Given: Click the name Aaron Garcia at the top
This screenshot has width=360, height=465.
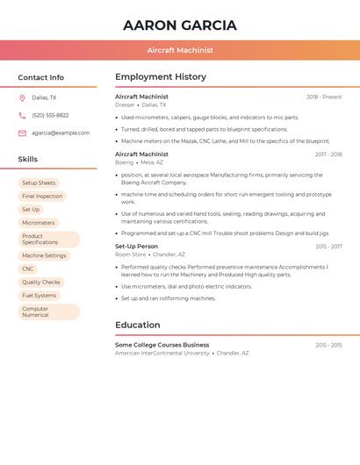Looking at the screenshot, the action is coord(180,25).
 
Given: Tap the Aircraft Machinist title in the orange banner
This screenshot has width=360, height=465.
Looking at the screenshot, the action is coord(180,50).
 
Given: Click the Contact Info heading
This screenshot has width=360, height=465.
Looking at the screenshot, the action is coord(41,77).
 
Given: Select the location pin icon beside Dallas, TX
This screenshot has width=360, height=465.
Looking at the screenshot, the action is coord(22,98).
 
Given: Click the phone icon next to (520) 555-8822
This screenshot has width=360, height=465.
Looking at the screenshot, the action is coord(22,116).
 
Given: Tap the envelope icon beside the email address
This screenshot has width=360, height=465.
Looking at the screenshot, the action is coord(22,133).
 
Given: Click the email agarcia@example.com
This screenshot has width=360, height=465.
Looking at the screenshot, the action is coord(61,133).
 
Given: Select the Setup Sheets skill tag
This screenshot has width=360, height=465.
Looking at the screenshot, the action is coord(39,183).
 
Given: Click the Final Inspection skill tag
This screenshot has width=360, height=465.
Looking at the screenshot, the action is coord(42,197).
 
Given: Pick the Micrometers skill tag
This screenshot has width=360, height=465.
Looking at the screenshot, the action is coord(39,223).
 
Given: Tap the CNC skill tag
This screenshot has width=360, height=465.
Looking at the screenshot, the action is coord(28,269).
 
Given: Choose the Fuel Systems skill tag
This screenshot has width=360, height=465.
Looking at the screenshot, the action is coord(40,296).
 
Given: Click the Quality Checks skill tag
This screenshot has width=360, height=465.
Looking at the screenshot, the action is coord(41,283).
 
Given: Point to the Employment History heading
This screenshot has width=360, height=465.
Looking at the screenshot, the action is coord(161,77).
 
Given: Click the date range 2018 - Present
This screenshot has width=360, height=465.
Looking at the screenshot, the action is coord(324,97).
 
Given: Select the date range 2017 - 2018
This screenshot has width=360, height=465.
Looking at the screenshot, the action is coord(328,154).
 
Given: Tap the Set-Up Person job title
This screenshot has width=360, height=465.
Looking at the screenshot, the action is coord(137,247).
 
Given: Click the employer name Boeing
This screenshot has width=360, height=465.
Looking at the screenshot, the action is coord(125,162).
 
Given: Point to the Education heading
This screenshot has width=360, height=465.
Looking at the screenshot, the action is coord(138,325).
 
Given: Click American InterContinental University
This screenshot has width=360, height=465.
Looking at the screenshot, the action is coord(162,353).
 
